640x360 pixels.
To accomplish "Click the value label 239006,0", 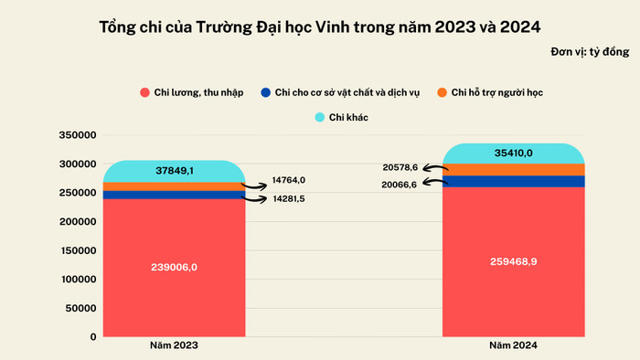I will [174, 267].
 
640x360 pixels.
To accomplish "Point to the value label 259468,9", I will [512, 260].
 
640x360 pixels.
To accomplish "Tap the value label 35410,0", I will [513, 153].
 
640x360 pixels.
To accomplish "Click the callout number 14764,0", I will [289, 180].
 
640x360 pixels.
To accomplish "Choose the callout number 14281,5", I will [289, 198].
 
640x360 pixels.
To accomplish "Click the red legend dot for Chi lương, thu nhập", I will [145, 93].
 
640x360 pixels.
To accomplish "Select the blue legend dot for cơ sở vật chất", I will [265, 93].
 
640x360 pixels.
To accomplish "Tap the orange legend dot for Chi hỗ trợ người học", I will [442, 93].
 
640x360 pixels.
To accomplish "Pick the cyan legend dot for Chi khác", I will [320, 117].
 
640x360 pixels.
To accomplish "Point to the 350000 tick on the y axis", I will [77, 135].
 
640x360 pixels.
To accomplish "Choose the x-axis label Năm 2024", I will [512, 346].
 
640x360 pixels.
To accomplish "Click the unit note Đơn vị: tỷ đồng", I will [591, 52].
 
